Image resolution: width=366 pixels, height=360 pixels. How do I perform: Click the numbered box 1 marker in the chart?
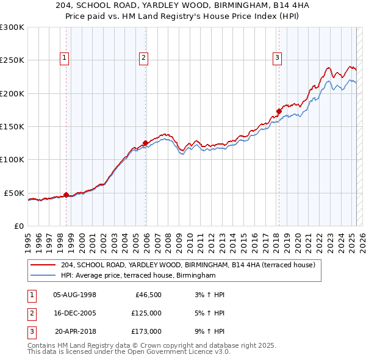pyautogui.click(x=65, y=59)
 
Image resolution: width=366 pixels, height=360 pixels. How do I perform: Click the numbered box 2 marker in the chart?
pyautogui.click(x=143, y=59)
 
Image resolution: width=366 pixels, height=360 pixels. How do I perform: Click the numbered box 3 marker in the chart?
pyautogui.click(x=277, y=59)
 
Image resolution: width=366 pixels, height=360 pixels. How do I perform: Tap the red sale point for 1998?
pyautogui.click(x=66, y=195)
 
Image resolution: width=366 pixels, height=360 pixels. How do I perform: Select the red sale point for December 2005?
pyautogui.click(x=145, y=143)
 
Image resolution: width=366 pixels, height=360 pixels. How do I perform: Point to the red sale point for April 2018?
pyautogui.click(x=279, y=111)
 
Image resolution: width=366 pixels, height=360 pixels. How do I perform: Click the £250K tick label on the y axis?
pyautogui.click(x=12, y=60)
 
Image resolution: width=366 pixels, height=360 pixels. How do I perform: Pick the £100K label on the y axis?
pyautogui.click(x=12, y=160)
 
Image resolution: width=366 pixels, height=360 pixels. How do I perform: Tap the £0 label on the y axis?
pyautogui.click(x=18, y=226)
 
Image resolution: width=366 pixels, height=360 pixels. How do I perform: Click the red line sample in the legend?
pyautogui.click(x=44, y=265)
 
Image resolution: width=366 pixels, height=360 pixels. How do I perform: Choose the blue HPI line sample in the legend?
pyautogui.click(x=44, y=276)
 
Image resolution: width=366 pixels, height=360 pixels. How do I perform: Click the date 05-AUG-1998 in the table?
pyautogui.click(x=75, y=295)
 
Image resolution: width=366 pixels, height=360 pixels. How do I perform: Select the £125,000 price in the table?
pyautogui.click(x=146, y=313)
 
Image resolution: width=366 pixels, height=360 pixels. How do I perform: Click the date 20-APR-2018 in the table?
pyautogui.click(x=75, y=331)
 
